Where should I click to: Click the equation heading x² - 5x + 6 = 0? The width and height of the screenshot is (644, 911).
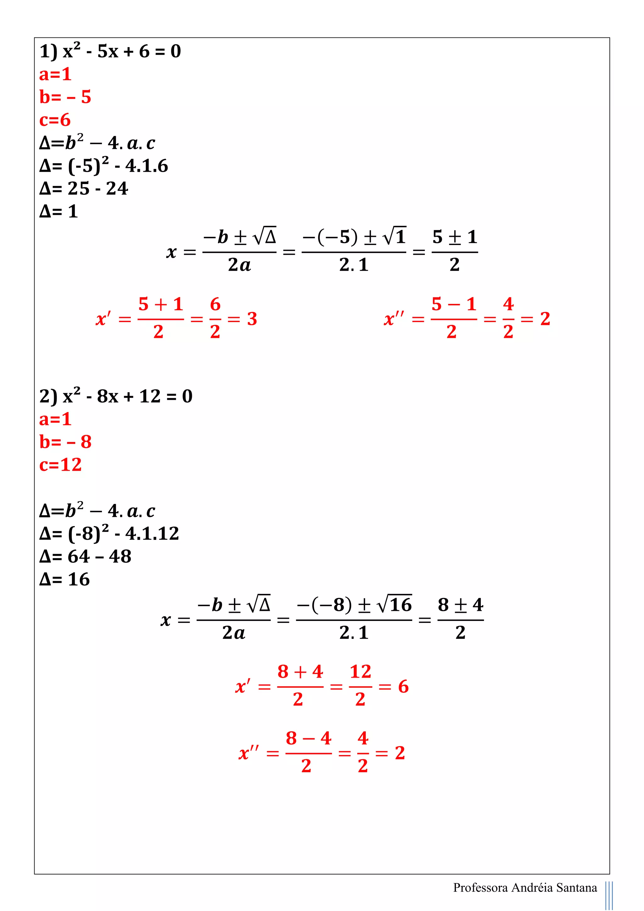click(110, 52)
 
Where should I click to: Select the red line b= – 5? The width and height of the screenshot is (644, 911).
click(65, 97)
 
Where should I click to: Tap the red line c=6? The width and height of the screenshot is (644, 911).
click(55, 120)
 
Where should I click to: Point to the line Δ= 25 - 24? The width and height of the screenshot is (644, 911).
click(84, 189)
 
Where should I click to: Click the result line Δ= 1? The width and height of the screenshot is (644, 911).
click(59, 211)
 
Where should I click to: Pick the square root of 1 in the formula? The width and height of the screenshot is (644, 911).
click(395, 237)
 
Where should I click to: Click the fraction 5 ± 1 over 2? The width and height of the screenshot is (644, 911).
click(454, 251)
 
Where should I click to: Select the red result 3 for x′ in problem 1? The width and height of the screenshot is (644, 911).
click(252, 319)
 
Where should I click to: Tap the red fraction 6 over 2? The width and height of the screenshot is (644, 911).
click(215, 318)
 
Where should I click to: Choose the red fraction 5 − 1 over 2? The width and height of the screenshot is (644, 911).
click(454, 318)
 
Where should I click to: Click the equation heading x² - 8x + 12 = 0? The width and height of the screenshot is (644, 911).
click(116, 396)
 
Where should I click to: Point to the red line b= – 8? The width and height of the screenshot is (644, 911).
click(65, 442)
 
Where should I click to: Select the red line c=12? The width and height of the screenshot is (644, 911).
click(61, 465)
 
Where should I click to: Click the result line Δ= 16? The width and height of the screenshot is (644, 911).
click(65, 580)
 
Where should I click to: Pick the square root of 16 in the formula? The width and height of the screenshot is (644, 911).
click(395, 605)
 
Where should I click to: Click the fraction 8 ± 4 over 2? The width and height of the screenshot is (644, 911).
click(460, 619)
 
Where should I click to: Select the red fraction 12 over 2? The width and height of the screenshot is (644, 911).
click(360, 686)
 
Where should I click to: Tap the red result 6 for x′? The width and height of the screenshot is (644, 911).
click(403, 687)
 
